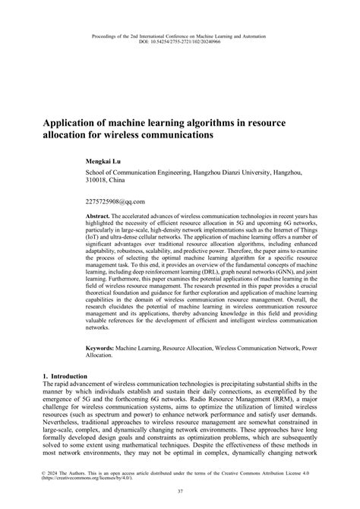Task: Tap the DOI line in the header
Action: click(179, 41)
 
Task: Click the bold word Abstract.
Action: click(99, 216)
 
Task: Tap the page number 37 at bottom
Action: click(179, 492)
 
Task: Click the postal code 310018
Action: click(96, 182)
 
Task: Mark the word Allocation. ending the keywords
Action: click(99, 355)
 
